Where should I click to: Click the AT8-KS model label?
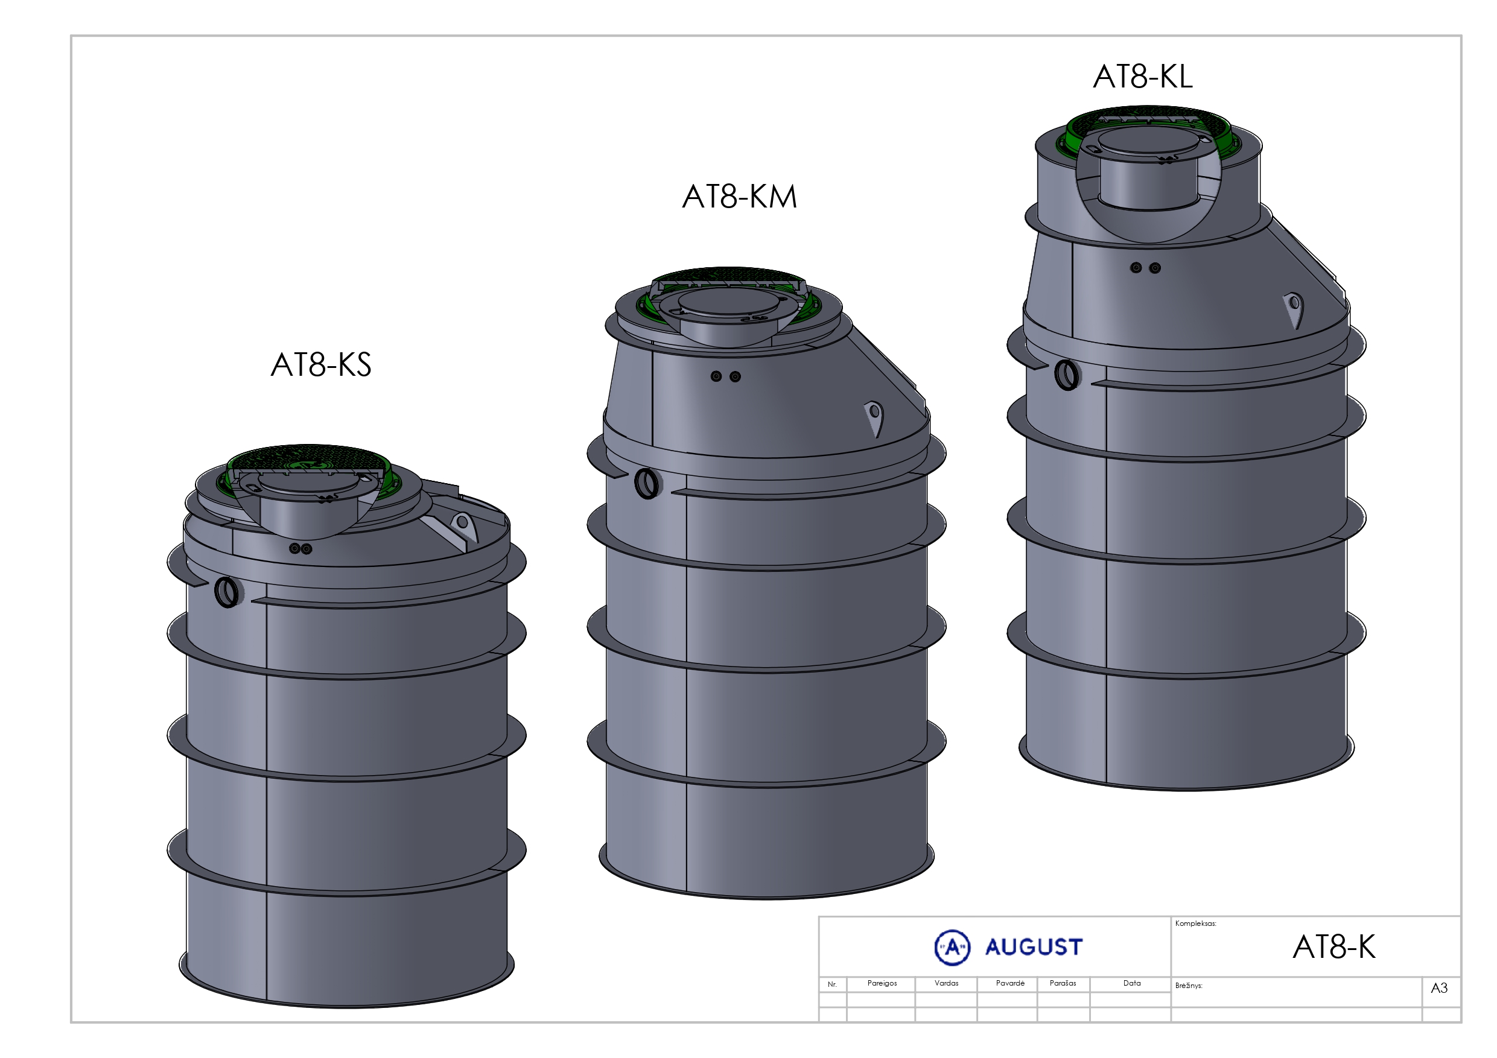click(321, 364)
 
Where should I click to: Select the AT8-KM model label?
click(739, 196)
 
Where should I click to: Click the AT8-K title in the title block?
click(1334, 947)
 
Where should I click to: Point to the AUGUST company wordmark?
click(1034, 947)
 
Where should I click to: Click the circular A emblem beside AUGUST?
click(952, 947)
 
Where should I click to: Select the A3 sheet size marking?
click(1439, 988)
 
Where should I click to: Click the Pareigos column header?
click(882, 983)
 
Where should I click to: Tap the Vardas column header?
click(946, 983)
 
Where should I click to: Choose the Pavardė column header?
click(1010, 983)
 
